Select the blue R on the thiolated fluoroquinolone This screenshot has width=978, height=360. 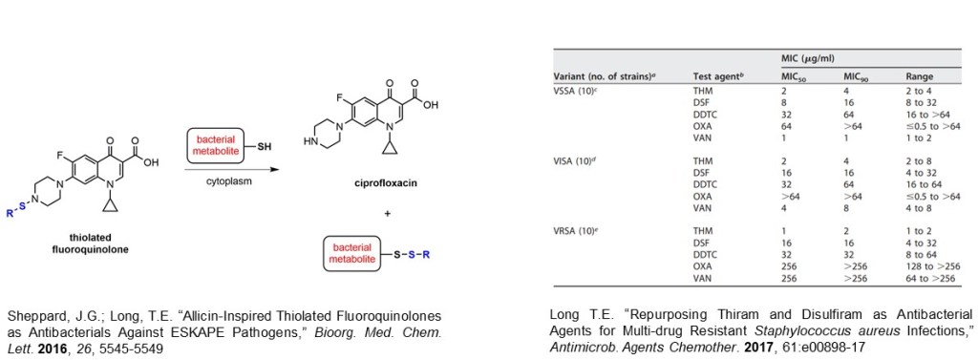8,213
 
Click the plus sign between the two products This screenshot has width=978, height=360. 388,214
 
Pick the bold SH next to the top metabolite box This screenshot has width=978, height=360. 266,146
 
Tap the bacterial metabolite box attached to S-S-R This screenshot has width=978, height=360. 351,254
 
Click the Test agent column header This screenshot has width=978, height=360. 720,76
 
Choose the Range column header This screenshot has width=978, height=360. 920,76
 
